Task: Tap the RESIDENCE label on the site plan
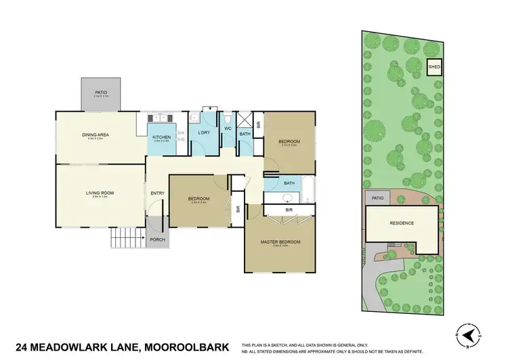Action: click(x=402, y=223)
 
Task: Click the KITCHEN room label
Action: click(x=161, y=137)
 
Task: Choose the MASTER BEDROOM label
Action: click(x=280, y=241)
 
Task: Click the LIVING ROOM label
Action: click(x=100, y=193)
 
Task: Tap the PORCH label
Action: click(x=157, y=239)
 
